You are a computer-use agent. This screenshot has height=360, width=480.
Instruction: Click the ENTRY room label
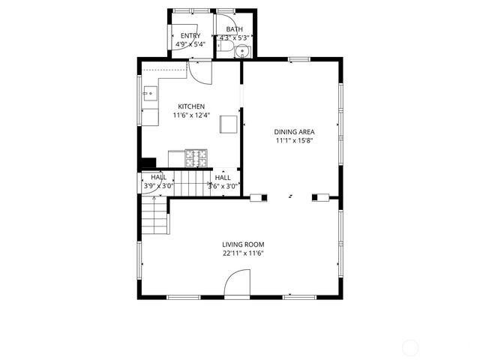click(x=190, y=35)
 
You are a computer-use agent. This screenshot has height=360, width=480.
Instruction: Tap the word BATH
click(x=235, y=29)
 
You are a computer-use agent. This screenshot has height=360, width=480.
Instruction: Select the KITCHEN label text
click(x=191, y=106)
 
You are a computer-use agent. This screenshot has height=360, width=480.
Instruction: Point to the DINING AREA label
click(x=294, y=131)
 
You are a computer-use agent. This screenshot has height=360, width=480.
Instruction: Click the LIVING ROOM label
click(x=243, y=244)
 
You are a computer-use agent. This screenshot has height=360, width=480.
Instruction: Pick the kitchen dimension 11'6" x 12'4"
click(x=191, y=115)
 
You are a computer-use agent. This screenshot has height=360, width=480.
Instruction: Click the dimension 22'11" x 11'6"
click(x=243, y=253)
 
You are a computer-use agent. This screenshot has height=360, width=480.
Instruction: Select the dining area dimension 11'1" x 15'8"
click(x=293, y=140)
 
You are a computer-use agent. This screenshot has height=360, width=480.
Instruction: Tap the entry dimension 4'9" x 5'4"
click(x=190, y=44)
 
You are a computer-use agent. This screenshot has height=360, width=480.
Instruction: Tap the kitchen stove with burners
click(x=197, y=158)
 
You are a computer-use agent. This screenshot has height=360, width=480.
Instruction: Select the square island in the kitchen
click(x=229, y=124)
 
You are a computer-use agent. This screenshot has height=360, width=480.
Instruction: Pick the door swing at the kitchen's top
click(x=199, y=73)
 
